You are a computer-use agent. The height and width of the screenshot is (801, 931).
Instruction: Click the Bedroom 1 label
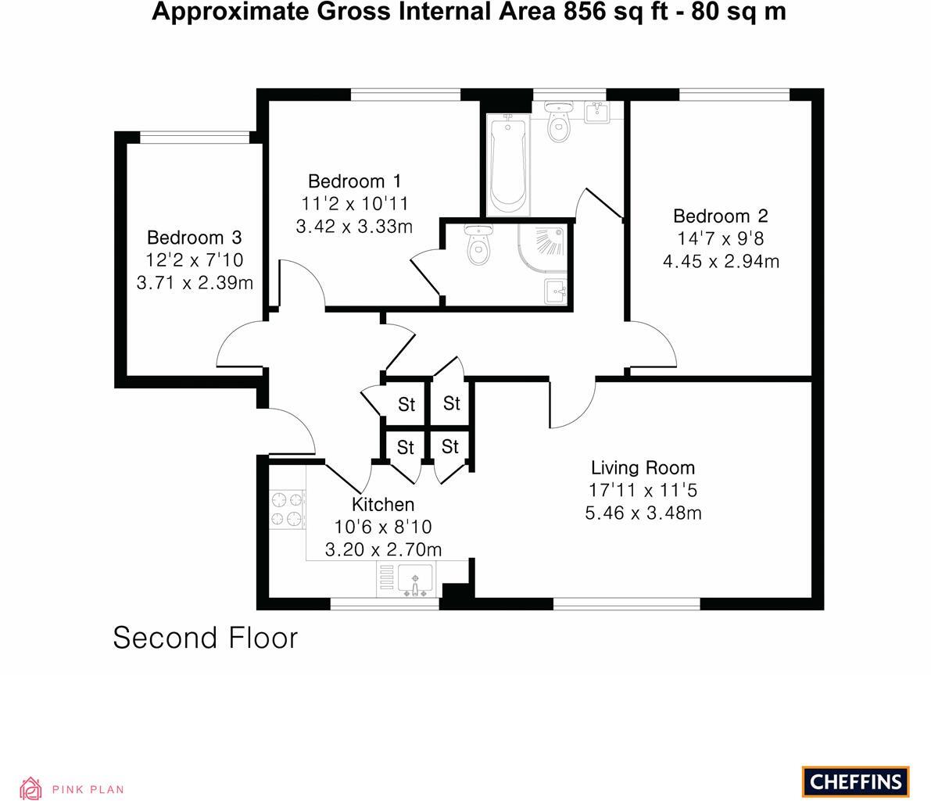click(x=354, y=181)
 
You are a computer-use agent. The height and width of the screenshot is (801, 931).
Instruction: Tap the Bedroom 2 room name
click(x=720, y=216)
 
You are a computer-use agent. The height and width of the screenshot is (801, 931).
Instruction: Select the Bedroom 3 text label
click(x=194, y=238)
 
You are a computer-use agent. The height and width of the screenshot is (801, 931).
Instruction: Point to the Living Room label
click(x=643, y=468)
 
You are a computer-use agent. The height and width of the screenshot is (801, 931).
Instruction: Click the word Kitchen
click(x=382, y=504)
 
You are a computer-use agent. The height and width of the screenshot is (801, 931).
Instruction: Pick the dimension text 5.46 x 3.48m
click(x=643, y=513)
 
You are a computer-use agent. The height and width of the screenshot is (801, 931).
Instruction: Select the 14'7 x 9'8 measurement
click(x=720, y=239)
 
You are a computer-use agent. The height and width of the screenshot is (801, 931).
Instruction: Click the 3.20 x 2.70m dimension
click(x=383, y=549)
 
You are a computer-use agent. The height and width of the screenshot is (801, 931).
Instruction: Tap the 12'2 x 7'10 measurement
click(x=194, y=260)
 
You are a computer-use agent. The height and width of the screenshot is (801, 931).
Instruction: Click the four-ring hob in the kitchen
click(x=286, y=509)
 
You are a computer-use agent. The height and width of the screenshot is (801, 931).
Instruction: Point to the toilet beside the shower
click(x=476, y=245)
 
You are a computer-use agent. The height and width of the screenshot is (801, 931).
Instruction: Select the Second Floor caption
click(x=206, y=638)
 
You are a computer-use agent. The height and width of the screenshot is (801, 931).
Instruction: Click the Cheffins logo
click(x=855, y=781)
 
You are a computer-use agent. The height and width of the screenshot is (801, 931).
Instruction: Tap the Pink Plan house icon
click(x=30, y=788)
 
